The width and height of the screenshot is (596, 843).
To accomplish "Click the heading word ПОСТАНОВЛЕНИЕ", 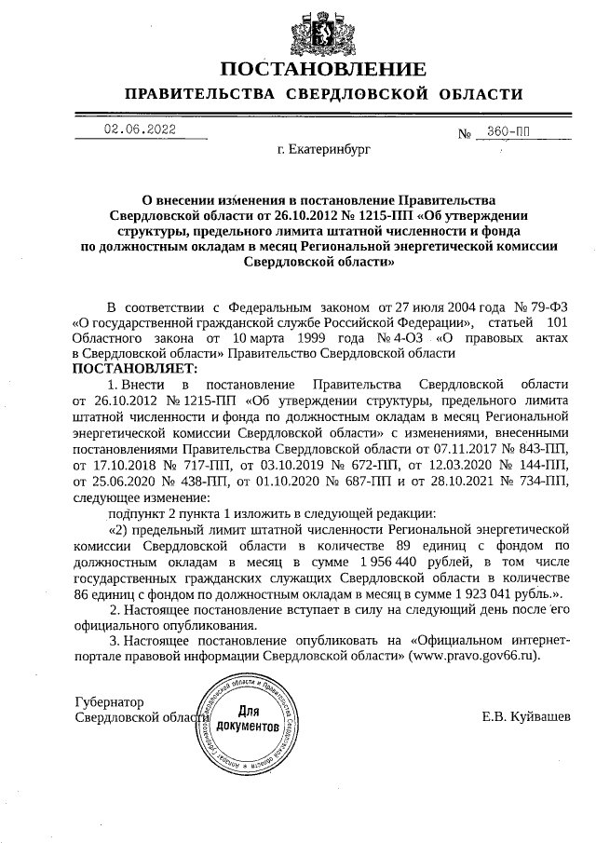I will click(323, 68).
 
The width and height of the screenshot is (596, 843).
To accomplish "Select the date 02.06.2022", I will click(139, 130).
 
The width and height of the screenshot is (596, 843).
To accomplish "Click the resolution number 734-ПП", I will click(543, 481).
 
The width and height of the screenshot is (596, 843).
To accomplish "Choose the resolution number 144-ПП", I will click(543, 465).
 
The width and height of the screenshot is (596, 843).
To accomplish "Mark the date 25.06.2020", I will click(120, 481).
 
